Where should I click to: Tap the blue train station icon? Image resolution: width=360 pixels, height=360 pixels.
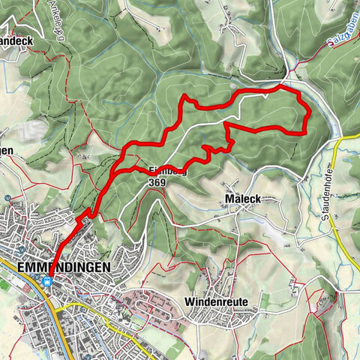[x=47, y=283]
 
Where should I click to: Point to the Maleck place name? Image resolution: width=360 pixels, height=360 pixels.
[x=241, y=199]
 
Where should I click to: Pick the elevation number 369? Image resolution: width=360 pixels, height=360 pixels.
[x=157, y=181]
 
